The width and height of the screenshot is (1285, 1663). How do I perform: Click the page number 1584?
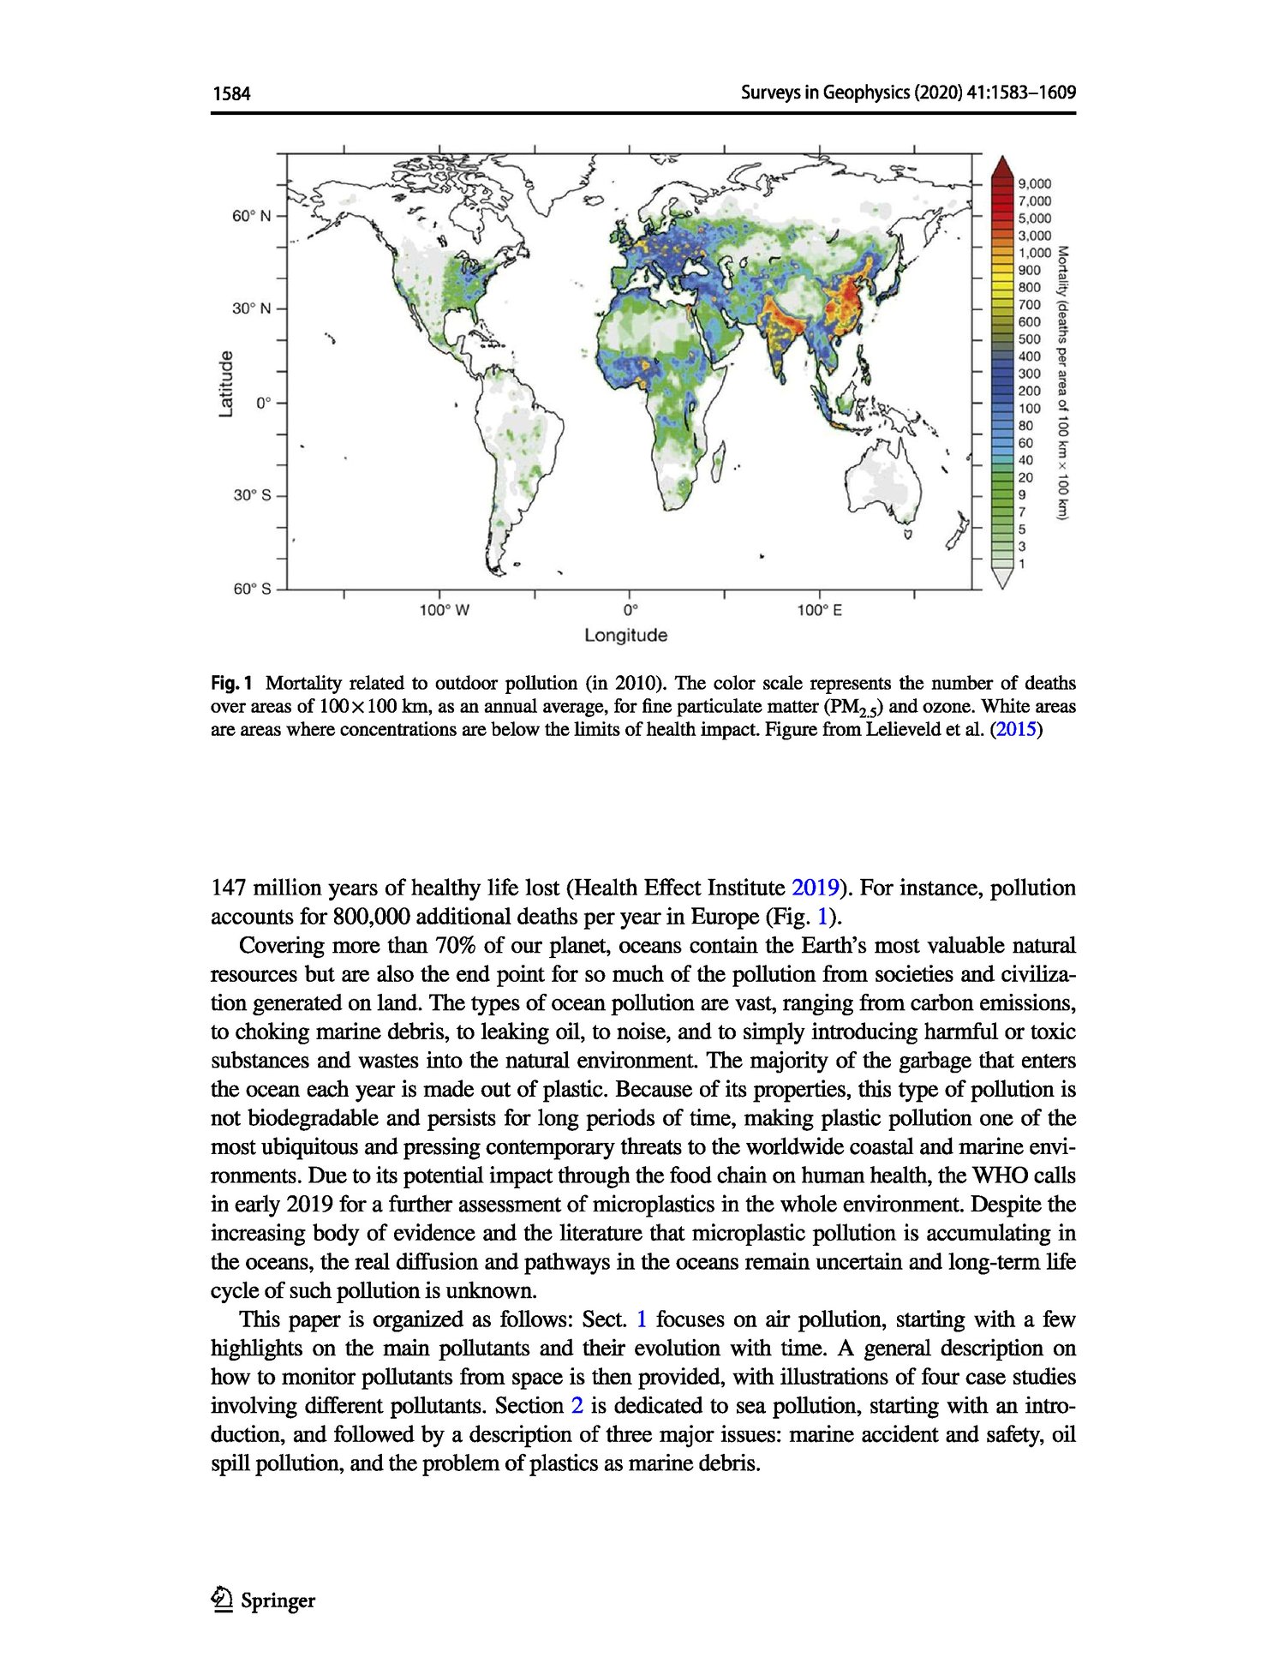231,93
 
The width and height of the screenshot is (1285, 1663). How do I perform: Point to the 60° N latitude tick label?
251,216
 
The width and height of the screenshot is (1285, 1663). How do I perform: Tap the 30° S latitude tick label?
251,495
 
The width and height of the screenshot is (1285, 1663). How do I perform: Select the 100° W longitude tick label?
444,610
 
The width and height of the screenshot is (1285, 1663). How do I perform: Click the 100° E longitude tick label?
819,610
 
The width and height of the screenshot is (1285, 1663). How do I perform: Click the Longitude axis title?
625,636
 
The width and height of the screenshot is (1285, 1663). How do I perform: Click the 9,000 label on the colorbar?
1034,183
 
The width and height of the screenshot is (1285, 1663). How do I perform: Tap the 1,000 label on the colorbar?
1034,253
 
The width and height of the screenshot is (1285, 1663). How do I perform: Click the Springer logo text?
278,1600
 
